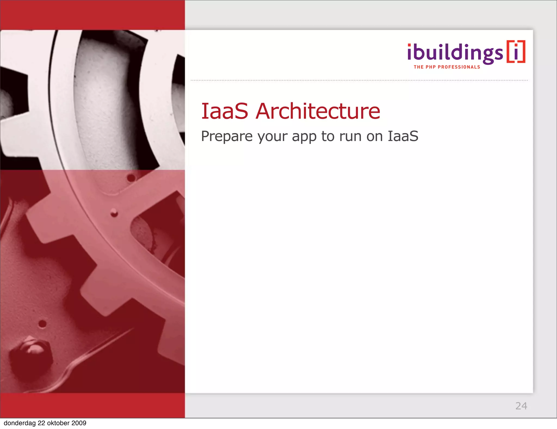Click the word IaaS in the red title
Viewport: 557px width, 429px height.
click(x=224, y=111)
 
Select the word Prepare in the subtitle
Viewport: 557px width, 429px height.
click(x=227, y=136)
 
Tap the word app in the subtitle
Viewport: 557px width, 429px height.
click(x=304, y=137)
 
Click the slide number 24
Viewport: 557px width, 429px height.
click(x=521, y=406)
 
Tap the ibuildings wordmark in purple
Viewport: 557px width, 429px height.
click(x=455, y=53)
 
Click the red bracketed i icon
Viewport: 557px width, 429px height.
click(x=516, y=52)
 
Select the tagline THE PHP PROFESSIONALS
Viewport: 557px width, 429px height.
click(x=447, y=67)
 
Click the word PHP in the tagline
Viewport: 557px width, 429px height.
click(x=431, y=67)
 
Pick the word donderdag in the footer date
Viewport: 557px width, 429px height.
click(x=20, y=423)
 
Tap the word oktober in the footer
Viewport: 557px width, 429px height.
click(x=58, y=423)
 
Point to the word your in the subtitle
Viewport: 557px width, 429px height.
click(x=272, y=137)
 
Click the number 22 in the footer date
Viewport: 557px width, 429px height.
click(x=42, y=423)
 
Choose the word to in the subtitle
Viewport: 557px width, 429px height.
click(x=328, y=136)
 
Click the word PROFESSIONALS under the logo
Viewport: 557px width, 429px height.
click(x=459, y=67)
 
